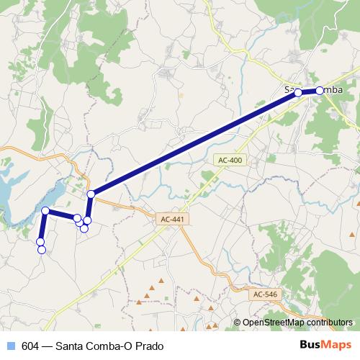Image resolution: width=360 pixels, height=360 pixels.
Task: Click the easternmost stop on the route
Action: tap(320, 91)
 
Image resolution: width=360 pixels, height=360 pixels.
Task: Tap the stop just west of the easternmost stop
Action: tap(298, 93)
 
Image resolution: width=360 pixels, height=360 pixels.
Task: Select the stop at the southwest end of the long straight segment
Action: tap(91, 194)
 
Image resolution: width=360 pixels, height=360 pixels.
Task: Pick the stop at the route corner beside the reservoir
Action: tap(45, 210)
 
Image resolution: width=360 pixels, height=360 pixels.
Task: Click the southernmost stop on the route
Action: tap(42, 250)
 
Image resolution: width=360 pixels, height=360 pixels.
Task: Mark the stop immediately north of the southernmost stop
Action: tap(40, 241)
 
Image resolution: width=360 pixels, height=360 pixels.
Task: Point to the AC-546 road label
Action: tap(265, 294)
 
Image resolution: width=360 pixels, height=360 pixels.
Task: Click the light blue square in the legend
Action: tap(12, 346)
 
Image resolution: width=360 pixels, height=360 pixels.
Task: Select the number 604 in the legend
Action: tap(30, 346)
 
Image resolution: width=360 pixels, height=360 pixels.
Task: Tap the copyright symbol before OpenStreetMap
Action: tap(238, 323)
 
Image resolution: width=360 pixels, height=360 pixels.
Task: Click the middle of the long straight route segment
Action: tap(194, 144)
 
